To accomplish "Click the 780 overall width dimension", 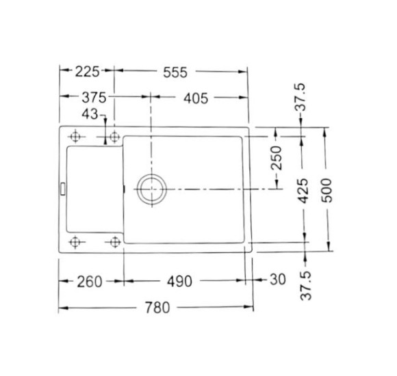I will (158, 308).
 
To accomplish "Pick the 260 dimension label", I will (89, 281).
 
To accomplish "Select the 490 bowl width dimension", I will (179, 281).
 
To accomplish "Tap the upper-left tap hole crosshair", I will (75, 137).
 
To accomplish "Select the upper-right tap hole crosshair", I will (114, 137).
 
